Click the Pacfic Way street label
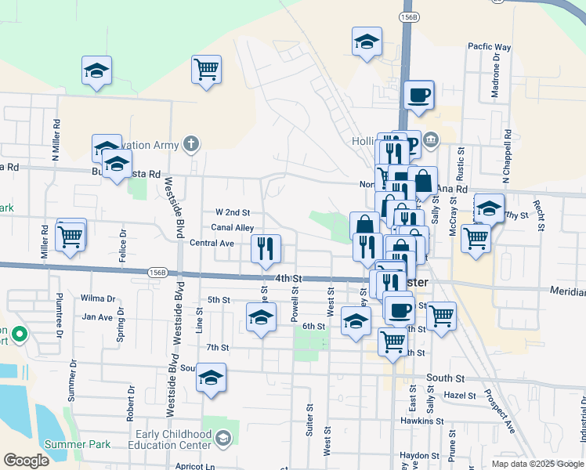tap(490, 48)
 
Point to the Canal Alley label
tap(233, 228)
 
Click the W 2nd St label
tap(232, 212)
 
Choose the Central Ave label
tap(212, 244)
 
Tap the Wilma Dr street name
tap(98, 298)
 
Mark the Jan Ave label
tap(98, 317)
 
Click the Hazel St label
tap(460, 396)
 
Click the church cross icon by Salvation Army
tap(190, 143)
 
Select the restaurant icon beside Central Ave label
tap(266, 249)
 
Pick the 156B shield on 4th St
tap(157, 272)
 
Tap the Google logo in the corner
tap(27, 461)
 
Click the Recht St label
tap(540, 215)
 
